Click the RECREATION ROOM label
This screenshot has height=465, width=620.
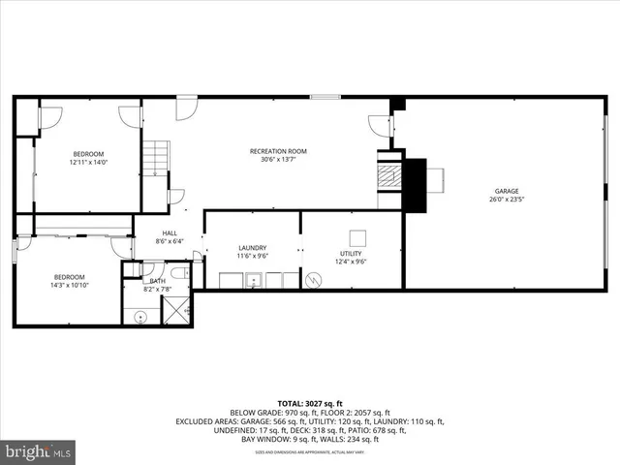pyautogui.click(x=278, y=151)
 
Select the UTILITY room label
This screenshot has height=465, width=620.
pyautogui.click(x=350, y=253)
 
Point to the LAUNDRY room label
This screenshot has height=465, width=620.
pyautogui.click(x=252, y=248)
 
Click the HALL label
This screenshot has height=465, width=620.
pyautogui.click(x=170, y=233)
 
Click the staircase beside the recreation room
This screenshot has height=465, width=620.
pyautogui.click(x=157, y=159)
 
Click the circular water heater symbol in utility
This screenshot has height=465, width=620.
pyautogui.click(x=312, y=280)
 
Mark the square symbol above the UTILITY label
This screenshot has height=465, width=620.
pyautogui.click(x=357, y=236)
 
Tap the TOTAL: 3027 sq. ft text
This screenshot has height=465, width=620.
pyautogui.click(x=309, y=402)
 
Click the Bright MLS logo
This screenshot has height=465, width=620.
pyautogui.click(x=39, y=451)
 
